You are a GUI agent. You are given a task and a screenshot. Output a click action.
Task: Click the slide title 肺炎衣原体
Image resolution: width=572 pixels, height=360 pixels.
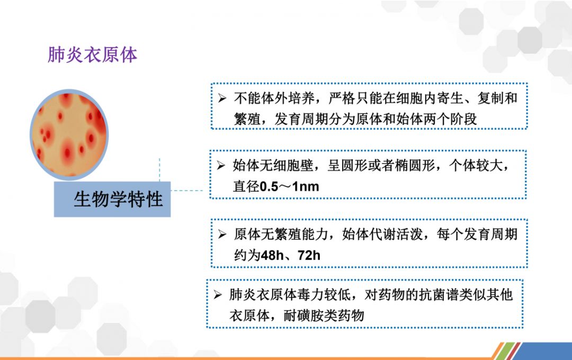(x=92, y=55)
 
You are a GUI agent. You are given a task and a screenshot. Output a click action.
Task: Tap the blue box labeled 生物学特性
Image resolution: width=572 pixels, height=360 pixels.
(x=112, y=199)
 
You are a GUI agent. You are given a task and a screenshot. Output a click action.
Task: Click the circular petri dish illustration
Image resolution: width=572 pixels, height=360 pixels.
(x=69, y=134)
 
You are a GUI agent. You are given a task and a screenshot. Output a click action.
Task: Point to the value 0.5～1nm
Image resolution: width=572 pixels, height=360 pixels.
(x=289, y=187)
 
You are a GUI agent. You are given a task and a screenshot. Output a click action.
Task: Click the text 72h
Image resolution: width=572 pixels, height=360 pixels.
(x=309, y=255)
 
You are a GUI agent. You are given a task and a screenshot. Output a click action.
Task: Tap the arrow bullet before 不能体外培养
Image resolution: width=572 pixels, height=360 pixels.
(x=222, y=98)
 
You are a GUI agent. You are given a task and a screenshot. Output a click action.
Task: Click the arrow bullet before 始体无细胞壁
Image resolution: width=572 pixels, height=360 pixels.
(x=221, y=166)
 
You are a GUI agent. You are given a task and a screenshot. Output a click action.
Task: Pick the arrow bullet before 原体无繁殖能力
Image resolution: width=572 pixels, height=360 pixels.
(x=222, y=234)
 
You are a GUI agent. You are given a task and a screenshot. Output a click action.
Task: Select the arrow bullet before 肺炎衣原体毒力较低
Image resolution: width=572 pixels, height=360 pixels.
(x=218, y=294)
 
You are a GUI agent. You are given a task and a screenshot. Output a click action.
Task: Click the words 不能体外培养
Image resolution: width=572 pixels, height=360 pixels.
(x=274, y=98)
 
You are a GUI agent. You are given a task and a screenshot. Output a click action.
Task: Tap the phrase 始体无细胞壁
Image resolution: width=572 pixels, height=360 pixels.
(x=273, y=166)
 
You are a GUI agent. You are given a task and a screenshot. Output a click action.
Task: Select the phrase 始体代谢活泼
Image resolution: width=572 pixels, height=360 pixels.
(x=382, y=234)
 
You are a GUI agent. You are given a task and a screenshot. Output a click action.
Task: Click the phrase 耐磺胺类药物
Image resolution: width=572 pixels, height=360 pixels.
(x=324, y=316)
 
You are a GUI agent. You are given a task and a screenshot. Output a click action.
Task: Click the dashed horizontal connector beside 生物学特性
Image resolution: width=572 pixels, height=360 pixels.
(x=187, y=191)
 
